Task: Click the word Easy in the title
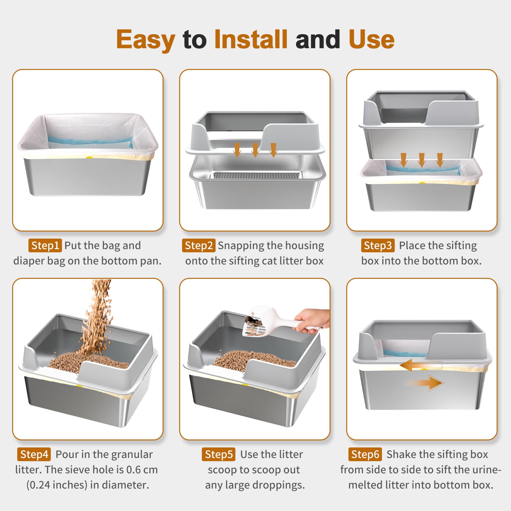(145, 40)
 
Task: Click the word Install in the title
(251, 39)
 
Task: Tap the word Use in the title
(371, 39)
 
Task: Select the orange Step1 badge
(45, 245)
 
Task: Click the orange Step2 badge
(198, 245)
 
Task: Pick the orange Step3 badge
(378, 245)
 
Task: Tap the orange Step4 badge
(34, 454)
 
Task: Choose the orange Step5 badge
(218, 454)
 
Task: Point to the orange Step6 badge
(365, 454)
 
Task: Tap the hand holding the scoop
(311, 321)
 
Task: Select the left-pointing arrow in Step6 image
(415, 365)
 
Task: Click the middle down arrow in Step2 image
(255, 150)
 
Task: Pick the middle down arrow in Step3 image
(422, 160)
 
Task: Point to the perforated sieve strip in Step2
(257, 175)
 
